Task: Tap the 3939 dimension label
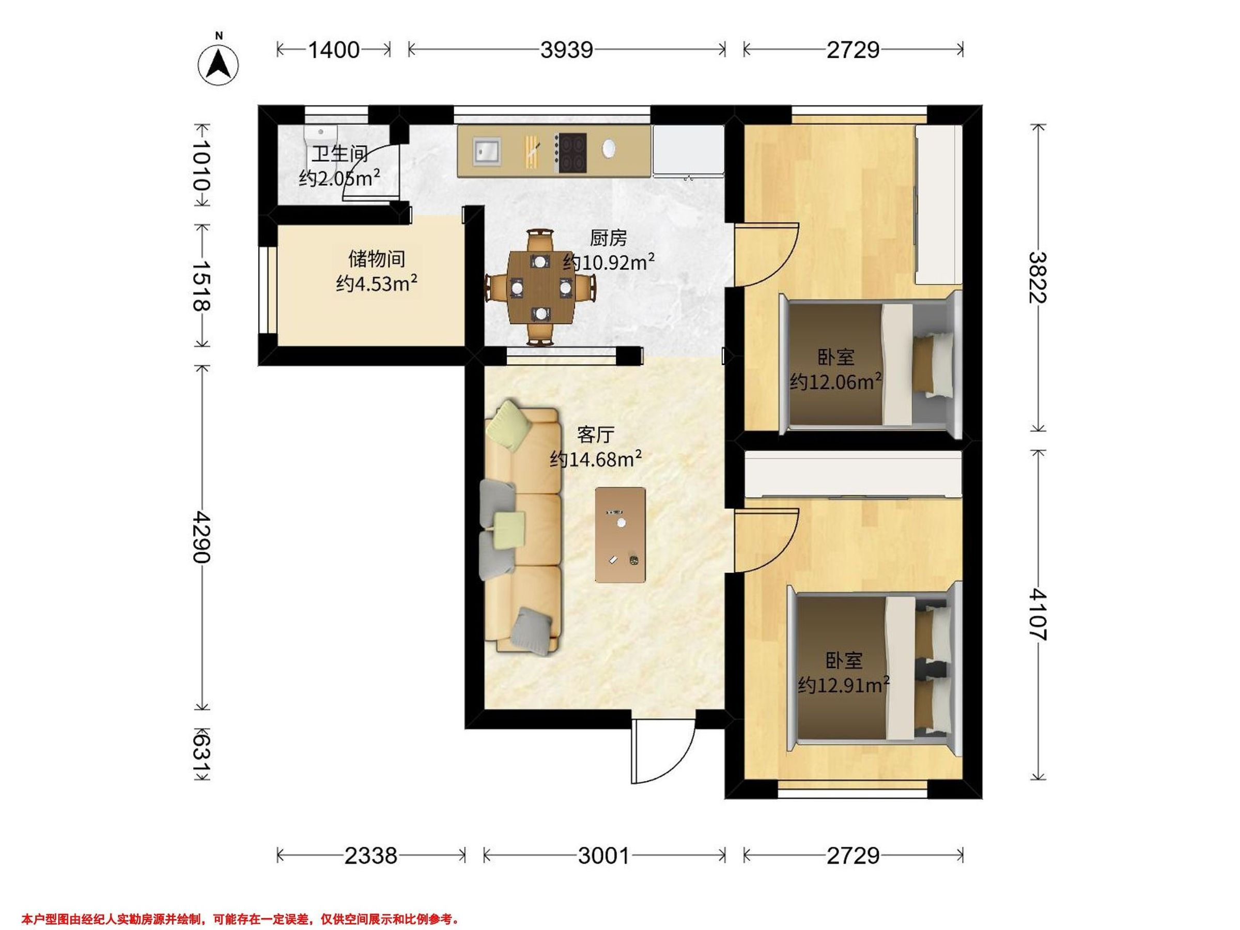[x=567, y=51]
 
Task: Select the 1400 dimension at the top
[x=334, y=51]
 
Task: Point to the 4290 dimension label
[x=200, y=537]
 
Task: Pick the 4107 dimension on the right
[x=1038, y=614]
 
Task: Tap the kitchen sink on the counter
[x=487, y=151]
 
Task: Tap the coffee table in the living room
[x=620, y=535]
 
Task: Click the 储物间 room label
[x=377, y=259]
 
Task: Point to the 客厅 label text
[x=595, y=435]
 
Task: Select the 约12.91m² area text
[x=844, y=685]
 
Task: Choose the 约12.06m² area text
[x=835, y=381]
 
